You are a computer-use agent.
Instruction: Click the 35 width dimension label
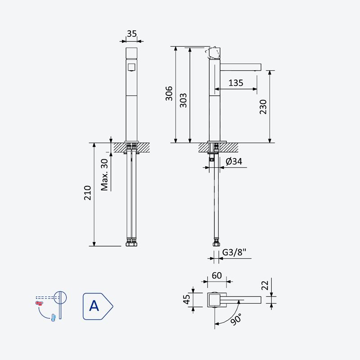click(132, 34)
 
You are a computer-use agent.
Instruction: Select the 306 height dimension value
click(169, 94)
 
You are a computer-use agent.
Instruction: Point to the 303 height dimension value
click(183, 100)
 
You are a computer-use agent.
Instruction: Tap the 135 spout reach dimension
click(236, 83)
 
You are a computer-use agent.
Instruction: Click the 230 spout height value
click(263, 107)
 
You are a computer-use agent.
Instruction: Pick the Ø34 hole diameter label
click(234, 162)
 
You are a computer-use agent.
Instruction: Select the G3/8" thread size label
click(234, 252)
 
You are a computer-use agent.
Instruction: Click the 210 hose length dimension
click(87, 193)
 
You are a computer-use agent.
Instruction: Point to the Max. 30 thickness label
click(104, 175)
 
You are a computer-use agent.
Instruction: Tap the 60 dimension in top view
click(217, 275)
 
